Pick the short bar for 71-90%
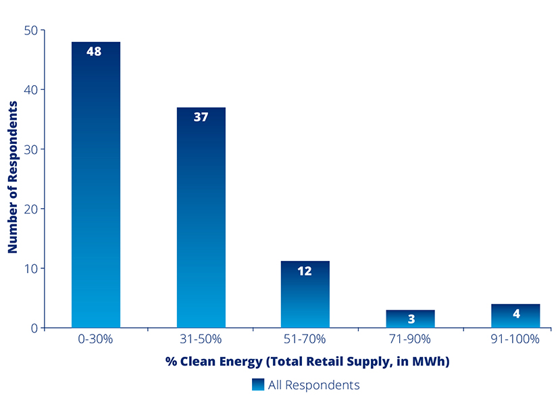(411, 319)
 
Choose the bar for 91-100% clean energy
(515, 318)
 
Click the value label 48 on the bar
(94, 51)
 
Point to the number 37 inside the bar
(201, 117)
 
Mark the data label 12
(305, 271)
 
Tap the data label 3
(411, 320)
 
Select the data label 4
(516, 314)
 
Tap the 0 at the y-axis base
(33, 328)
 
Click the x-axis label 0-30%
(95, 339)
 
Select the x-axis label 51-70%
(305, 339)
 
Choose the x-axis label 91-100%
(515, 339)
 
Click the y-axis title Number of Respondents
(13, 177)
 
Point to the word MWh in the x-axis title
(428, 362)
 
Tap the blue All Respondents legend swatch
(258, 385)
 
